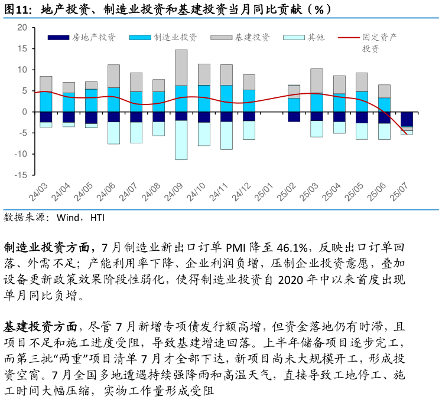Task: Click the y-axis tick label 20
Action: (22, 27)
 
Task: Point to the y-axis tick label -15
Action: (21, 175)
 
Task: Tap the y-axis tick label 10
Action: (22, 70)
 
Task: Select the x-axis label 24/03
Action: (39, 192)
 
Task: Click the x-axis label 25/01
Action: (264, 192)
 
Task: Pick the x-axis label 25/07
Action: (400, 192)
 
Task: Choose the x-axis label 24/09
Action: (174, 192)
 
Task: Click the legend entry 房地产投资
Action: (93, 37)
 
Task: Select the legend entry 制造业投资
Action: (175, 37)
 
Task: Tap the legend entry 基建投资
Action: (252, 37)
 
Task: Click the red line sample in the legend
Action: (349, 37)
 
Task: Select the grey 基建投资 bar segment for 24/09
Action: (181, 68)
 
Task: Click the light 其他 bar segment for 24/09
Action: (181, 140)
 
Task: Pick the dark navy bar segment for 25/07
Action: (407, 119)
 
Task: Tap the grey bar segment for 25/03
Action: (316, 81)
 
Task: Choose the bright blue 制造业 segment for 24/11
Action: (226, 99)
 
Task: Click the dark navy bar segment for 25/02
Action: (294, 116)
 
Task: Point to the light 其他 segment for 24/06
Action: (113, 133)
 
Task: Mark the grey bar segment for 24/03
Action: (45, 84)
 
